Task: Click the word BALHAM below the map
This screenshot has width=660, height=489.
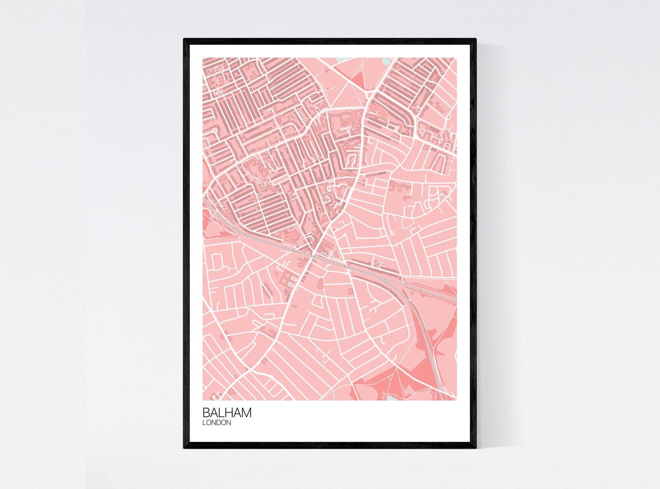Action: coord(227,413)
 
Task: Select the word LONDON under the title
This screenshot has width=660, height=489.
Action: coord(217,423)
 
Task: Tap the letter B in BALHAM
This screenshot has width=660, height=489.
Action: coord(206,413)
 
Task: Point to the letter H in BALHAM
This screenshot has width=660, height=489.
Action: coord(231,413)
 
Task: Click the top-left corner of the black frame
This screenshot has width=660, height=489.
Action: coord(185,40)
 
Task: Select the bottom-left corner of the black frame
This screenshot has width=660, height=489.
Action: coord(185,449)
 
